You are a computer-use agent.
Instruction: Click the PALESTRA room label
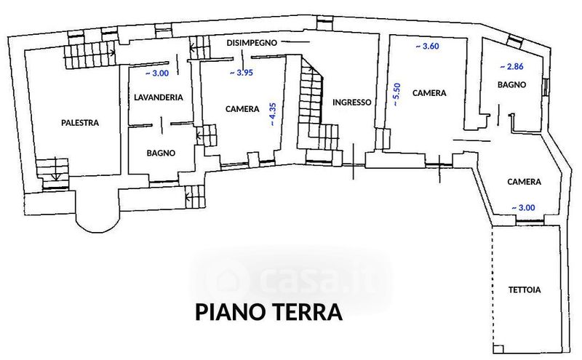click(80, 122)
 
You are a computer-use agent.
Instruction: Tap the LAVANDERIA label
click(159, 97)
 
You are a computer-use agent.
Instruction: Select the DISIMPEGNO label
click(252, 43)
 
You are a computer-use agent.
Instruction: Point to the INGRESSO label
click(351, 102)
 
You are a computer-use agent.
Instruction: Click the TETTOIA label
click(525, 290)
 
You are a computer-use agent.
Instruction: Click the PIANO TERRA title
click(268, 312)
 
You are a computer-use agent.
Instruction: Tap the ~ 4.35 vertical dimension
click(273, 114)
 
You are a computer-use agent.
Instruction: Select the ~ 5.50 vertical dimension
click(396, 95)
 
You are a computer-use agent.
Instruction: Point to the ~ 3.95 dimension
click(242, 73)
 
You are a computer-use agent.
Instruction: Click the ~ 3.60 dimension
click(427, 47)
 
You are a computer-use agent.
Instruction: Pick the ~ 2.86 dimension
click(511, 67)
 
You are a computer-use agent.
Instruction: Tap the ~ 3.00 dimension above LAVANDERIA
click(156, 73)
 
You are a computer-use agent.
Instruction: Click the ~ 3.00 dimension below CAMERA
click(523, 208)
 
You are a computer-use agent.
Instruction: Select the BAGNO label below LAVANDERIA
click(161, 153)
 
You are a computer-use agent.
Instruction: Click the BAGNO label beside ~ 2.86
click(512, 84)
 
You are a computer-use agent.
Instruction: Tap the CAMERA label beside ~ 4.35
click(242, 109)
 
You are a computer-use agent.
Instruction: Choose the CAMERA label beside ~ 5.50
click(429, 93)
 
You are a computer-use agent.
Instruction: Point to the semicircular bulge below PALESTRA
click(98, 223)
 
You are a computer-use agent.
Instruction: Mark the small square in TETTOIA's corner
click(499, 349)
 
